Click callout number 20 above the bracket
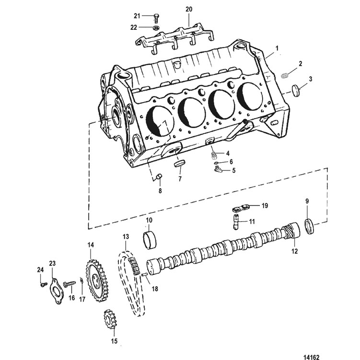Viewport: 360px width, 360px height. (x=189, y=10)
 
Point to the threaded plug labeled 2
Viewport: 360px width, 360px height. (x=285, y=75)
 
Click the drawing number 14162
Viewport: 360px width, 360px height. (x=311, y=357)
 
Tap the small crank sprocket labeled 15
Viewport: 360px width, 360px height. (x=110, y=319)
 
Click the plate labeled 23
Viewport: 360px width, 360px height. (x=56, y=291)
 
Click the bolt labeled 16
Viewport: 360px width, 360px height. (x=69, y=284)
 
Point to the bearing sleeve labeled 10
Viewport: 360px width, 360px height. (x=150, y=240)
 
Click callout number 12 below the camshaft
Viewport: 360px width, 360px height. (x=294, y=251)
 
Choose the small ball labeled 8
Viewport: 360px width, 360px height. (x=159, y=177)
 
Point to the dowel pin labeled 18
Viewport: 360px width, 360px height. (x=145, y=275)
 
